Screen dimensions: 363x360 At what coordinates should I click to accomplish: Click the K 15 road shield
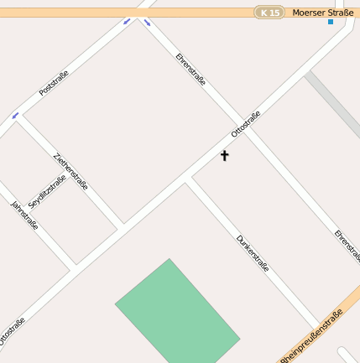[270, 13]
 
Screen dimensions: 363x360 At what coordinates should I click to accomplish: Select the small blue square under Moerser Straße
[331, 22]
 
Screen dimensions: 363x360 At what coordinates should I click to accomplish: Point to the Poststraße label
[54, 82]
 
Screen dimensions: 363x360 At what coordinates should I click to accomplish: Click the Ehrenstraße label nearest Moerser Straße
[190, 70]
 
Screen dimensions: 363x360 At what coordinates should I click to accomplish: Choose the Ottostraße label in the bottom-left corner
[12, 331]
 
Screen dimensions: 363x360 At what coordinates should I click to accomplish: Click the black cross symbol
[224, 155]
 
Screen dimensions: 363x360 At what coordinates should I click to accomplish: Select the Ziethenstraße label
[70, 171]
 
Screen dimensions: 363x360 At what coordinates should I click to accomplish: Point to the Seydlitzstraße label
[47, 192]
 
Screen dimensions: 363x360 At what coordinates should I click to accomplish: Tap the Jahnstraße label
[24, 215]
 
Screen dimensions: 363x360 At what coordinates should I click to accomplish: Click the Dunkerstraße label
[253, 253]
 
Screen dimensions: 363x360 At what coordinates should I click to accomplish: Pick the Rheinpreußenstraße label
[312, 336]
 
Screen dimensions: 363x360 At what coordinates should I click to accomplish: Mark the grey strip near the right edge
[333, 105]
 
